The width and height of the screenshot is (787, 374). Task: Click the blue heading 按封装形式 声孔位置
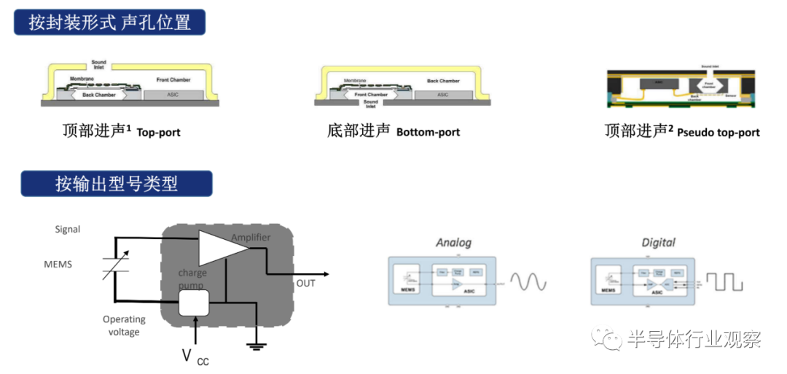click(109, 22)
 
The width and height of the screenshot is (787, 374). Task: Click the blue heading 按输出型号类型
click(116, 184)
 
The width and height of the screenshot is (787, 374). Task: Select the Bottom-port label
click(428, 133)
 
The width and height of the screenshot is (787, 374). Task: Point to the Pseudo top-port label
click(718, 133)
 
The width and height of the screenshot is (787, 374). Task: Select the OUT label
click(305, 283)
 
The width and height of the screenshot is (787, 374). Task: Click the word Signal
click(68, 230)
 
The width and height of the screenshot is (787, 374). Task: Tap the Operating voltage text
click(123, 326)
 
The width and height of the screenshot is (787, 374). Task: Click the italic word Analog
click(453, 243)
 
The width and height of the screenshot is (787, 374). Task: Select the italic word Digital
click(658, 243)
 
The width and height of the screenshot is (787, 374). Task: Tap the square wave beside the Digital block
click(729, 281)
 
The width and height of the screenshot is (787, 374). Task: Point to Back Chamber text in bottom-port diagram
click(443, 81)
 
